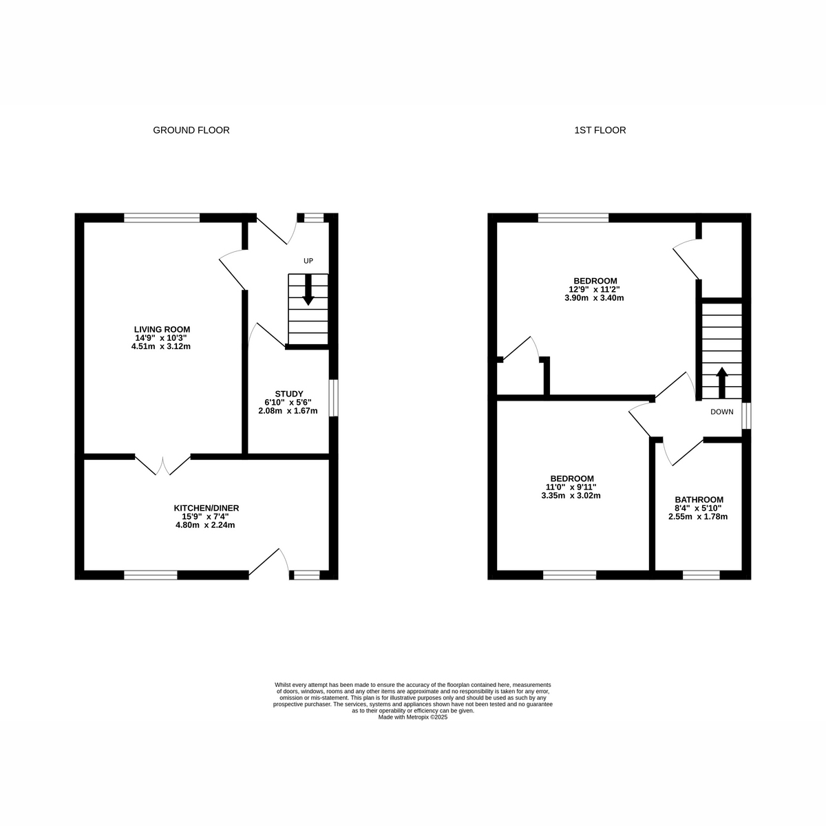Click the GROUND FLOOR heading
pyautogui.click(x=191, y=130)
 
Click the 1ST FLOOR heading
pyautogui.click(x=600, y=130)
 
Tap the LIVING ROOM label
pyautogui.click(x=162, y=329)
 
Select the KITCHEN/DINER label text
pyautogui.click(x=206, y=508)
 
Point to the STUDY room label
pyautogui.click(x=289, y=394)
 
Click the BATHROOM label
pyautogui.click(x=699, y=499)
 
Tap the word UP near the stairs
pyautogui.click(x=308, y=261)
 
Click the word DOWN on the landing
pyautogui.click(x=722, y=412)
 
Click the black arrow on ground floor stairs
pyautogui.click(x=308, y=290)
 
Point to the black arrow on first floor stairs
pyautogui.click(x=722, y=383)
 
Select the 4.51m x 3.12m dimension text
pyautogui.click(x=161, y=346)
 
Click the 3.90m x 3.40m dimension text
pyautogui.click(x=594, y=298)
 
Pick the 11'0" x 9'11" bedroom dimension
pyautogui.click(x=571, y=487)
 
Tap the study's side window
pyautogui.click(x=333, y=397)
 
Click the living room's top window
pyautogui.click(x=162, y=218)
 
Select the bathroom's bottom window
pyautogui.click(x=701, y=575)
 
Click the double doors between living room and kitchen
pyautogui.click(x=163, y=465)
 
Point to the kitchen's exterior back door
pyautogui.click(x=268, y=562)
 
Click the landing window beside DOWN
pyautogui.click(x=747, y=415)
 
